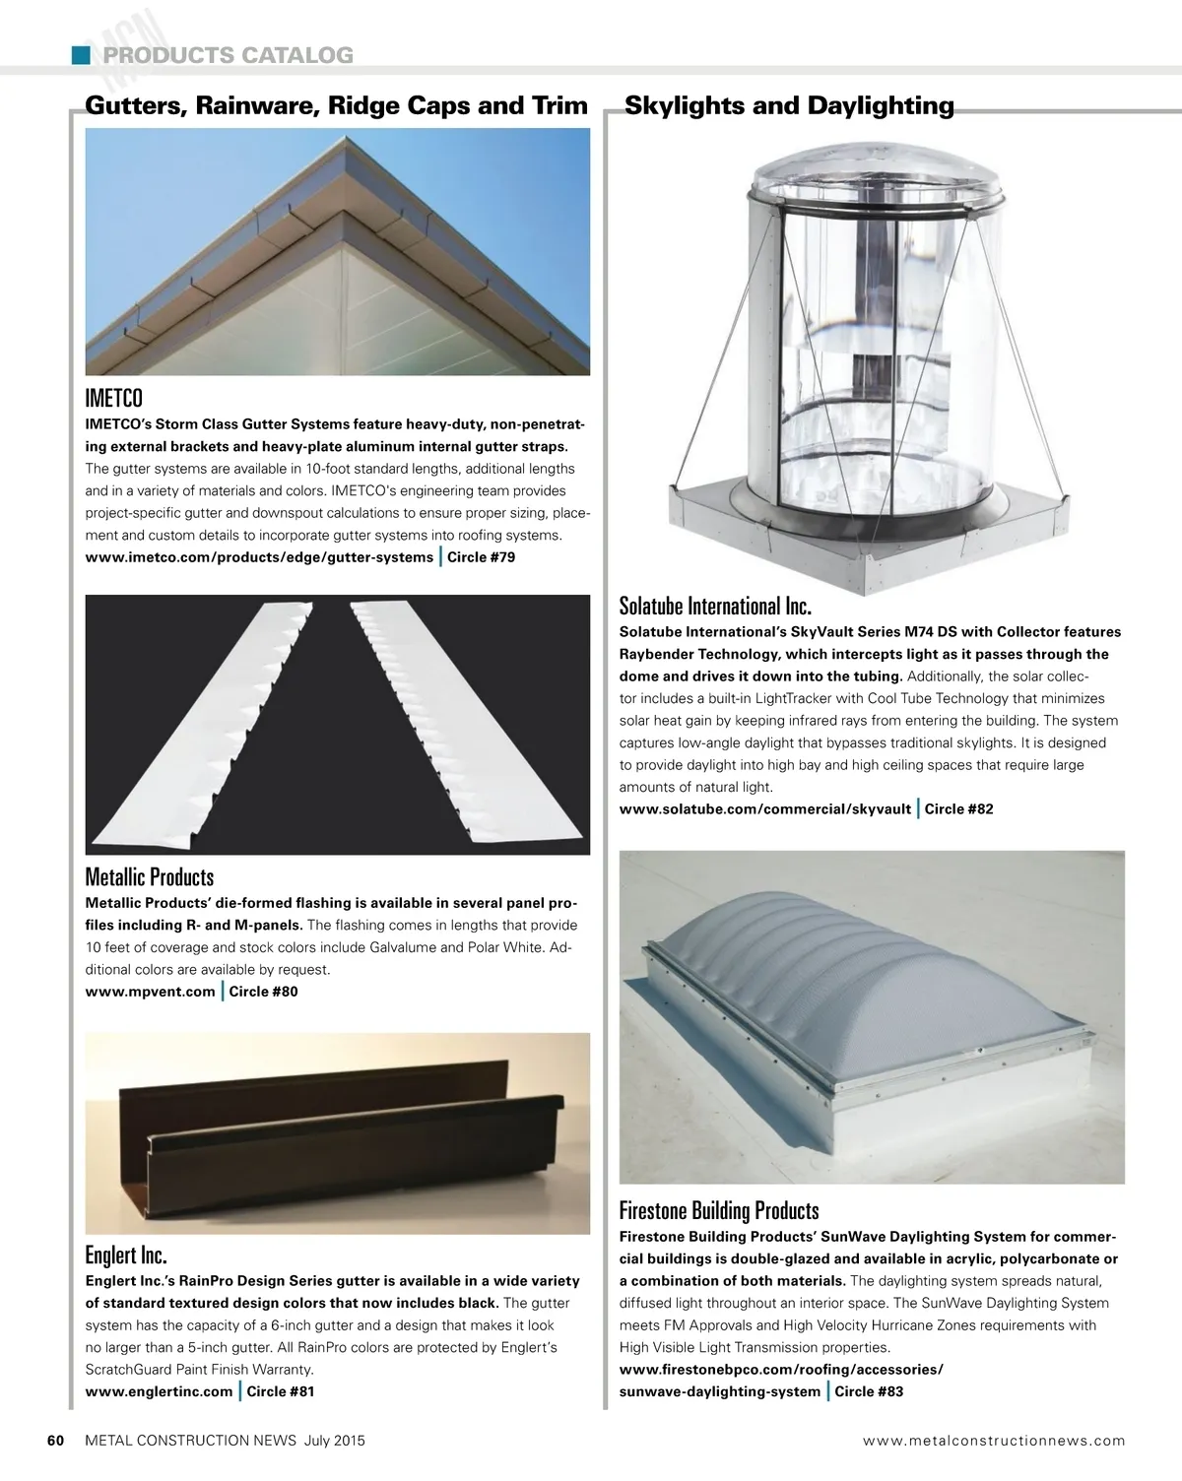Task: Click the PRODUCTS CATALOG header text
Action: [x=229, y=55]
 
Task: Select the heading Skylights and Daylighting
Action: [x=789, y=106]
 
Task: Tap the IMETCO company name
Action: [x=114, y=398]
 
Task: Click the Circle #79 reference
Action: [x=481, y=557]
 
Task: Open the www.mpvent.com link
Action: [x=150, y=992]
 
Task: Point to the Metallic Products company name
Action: [x=150, y=876]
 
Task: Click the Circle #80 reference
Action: [x=263, y=992]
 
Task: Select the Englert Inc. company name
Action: [x=126, y=1256]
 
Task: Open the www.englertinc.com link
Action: [x=159, y=1391]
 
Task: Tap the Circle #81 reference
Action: [x=281, y=1391]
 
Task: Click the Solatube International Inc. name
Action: [x=715, y=605]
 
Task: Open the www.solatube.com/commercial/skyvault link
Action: [x=764, y=809]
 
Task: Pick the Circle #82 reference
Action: [x=958, y=809]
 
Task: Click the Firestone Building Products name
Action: [x=719, y=1210]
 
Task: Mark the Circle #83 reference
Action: [x=869, y=1391]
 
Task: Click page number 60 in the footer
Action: [x=56, y=1441]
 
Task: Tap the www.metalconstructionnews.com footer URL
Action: [x=993, y=1441]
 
